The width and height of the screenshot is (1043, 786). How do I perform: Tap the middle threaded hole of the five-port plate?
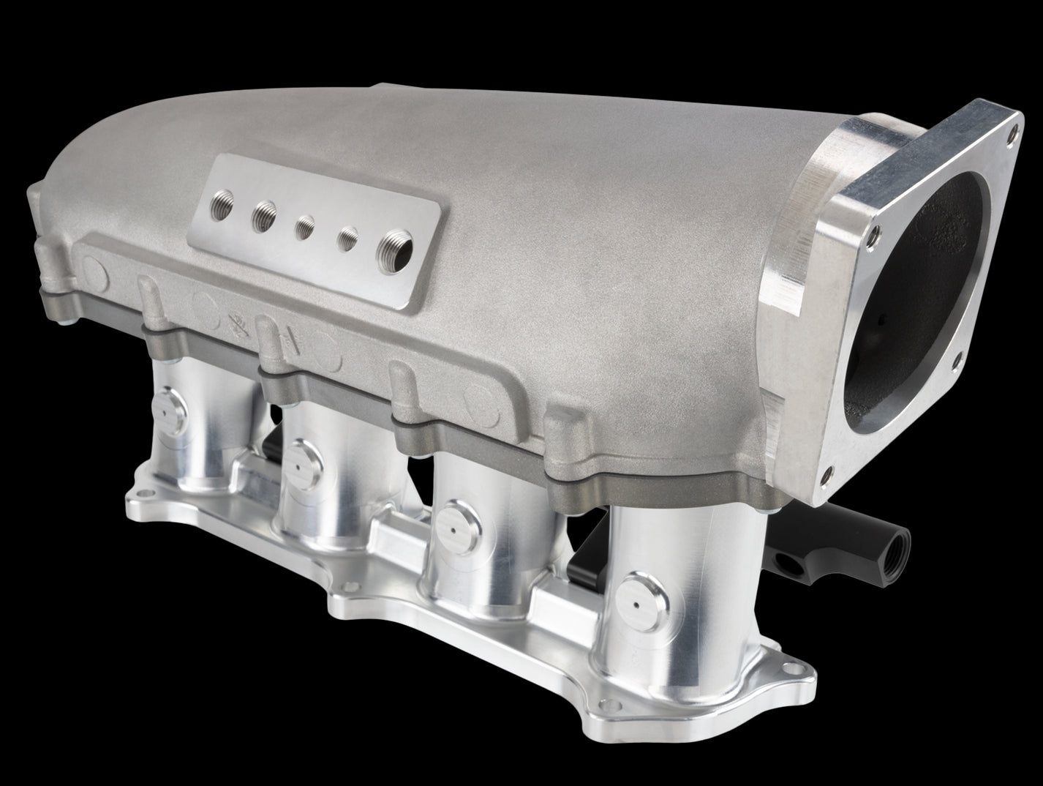(304, 226)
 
